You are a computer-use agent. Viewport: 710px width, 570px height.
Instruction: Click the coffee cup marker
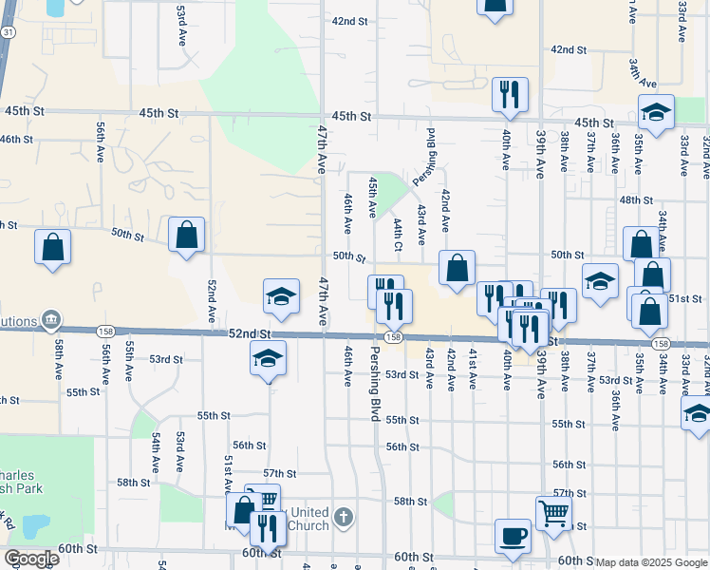(514, 535)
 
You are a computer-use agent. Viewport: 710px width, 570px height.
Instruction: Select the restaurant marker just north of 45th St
(510, 94)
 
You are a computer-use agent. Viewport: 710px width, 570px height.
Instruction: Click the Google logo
(30, 559)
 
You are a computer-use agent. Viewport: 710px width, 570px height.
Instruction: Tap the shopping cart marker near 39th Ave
(553, 513)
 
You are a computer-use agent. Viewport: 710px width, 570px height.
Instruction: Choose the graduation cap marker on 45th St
(655, 113)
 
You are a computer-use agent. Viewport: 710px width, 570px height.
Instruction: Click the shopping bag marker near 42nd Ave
(458, 268)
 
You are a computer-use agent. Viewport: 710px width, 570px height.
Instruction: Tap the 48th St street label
(630, 200)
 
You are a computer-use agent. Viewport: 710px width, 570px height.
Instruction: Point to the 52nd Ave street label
(213, 298)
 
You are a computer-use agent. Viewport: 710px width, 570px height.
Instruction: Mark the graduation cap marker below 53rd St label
(268, 359)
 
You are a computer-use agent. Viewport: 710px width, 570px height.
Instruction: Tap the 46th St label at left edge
(16, 140)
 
